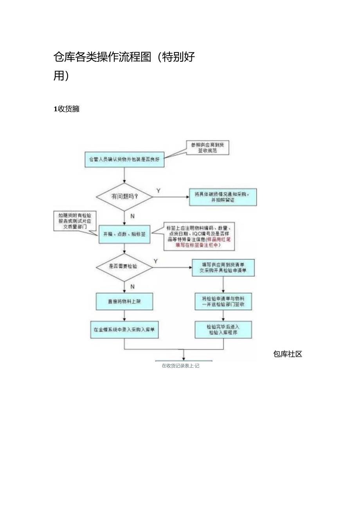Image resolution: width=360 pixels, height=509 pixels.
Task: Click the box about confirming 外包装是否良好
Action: (x=124, y=159)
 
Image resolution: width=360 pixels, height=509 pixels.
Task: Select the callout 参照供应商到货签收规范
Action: (x=207, y=147)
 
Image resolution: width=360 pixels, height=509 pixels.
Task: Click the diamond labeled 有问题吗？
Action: (x=124, y=197)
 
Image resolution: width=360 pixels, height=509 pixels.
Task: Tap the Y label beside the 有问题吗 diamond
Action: (x=158, y=191)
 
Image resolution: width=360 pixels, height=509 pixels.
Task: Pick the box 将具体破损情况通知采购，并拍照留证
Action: (x=223, y=197)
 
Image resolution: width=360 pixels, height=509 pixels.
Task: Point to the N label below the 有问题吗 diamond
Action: (x=132, y=216)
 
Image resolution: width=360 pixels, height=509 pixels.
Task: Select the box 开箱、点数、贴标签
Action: (x=124, y=234)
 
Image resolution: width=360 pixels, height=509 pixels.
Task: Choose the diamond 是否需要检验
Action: (x=124, y=266)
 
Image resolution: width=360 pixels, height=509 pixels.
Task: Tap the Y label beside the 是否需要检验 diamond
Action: (x=155, y=261)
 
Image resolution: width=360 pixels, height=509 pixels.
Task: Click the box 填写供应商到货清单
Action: (x=223, y=268)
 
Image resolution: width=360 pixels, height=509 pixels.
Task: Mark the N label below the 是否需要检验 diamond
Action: (x=132, y=286)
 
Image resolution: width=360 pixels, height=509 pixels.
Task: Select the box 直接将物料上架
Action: (x=124, y=301)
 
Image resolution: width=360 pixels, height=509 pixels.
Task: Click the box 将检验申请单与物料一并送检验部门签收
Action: (x=223, y=301)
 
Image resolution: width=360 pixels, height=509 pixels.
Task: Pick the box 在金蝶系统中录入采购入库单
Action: (x=124, y=330)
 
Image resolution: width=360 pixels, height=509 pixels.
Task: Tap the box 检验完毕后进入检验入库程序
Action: (x=223, y=330)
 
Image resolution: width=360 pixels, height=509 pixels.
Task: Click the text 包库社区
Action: (x=288, y=354)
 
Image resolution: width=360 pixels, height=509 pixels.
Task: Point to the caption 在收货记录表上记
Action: (x=181, y=366)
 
